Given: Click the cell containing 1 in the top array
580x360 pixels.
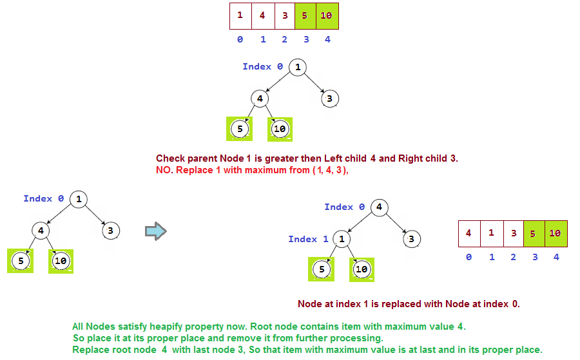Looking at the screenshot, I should tap(240, 16).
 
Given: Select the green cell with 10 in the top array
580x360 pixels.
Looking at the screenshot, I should tap(326, 16).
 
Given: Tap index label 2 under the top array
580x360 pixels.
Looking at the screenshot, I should tap(284, 40).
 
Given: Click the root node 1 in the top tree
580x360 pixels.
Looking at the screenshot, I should tap(297, 67).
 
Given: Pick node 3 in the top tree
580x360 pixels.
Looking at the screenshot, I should tap(329, 99).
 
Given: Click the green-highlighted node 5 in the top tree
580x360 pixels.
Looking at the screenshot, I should tap(240, 129).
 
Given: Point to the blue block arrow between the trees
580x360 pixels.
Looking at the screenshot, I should tap(155, 230).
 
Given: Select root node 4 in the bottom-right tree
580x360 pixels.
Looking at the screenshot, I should tap(379, 207).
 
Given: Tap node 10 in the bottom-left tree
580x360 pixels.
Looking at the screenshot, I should tap(61, 261).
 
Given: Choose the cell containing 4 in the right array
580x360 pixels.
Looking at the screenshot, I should tap(469, 234).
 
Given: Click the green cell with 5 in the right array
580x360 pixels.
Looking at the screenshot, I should tap(534, 234).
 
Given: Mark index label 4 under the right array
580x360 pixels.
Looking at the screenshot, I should tap(556, 257).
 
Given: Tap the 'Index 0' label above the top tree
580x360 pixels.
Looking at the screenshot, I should tap(262, 66).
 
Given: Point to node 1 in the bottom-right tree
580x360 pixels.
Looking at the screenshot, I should tap(342, 239).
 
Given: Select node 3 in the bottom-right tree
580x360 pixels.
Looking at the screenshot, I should tap(411, 239).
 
